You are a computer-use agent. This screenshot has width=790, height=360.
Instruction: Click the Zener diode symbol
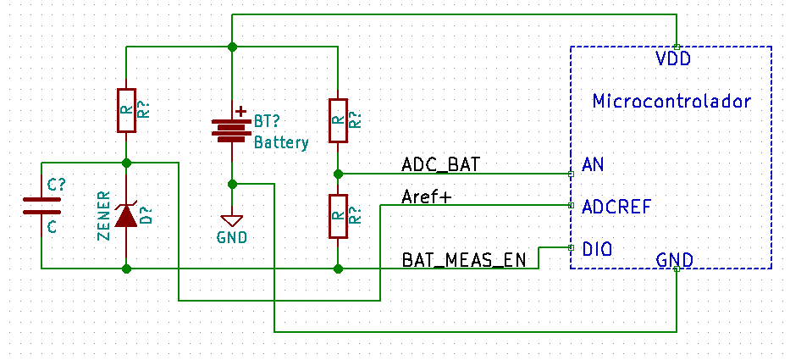[x=126, y=216]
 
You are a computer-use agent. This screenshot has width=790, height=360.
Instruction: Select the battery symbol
[x=231, y=129]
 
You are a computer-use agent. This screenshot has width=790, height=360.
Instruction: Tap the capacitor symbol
[x=41, y=206]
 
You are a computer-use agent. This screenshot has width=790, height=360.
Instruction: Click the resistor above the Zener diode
[x=126, y=110]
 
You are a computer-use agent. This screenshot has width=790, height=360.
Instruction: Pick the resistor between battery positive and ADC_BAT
[x=338, y=120]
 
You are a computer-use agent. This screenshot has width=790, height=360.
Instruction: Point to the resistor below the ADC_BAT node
[x=338, y=216]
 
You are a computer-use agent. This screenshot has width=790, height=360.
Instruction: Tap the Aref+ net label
[x=426, y=197]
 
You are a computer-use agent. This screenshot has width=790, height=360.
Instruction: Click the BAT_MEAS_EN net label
[x=463, y=260]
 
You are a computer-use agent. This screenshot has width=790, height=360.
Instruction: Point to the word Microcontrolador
[x=671, y=102]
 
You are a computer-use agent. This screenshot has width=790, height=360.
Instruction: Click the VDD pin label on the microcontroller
[x=672, y=59]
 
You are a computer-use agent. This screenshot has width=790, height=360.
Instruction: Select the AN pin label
[x=593, y=165]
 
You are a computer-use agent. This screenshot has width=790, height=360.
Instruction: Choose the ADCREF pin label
[x=616, y=207]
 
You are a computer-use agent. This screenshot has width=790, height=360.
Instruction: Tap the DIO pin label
[x=597, y=249]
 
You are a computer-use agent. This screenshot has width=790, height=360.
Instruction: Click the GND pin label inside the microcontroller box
[x=674, y=261]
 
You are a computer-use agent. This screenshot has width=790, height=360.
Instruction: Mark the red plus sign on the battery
[x=241, y=110]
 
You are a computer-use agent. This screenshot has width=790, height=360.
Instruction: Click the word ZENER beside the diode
[x=104, y=216]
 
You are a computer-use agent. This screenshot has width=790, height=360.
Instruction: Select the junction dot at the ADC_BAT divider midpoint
[x=338, y=174]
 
